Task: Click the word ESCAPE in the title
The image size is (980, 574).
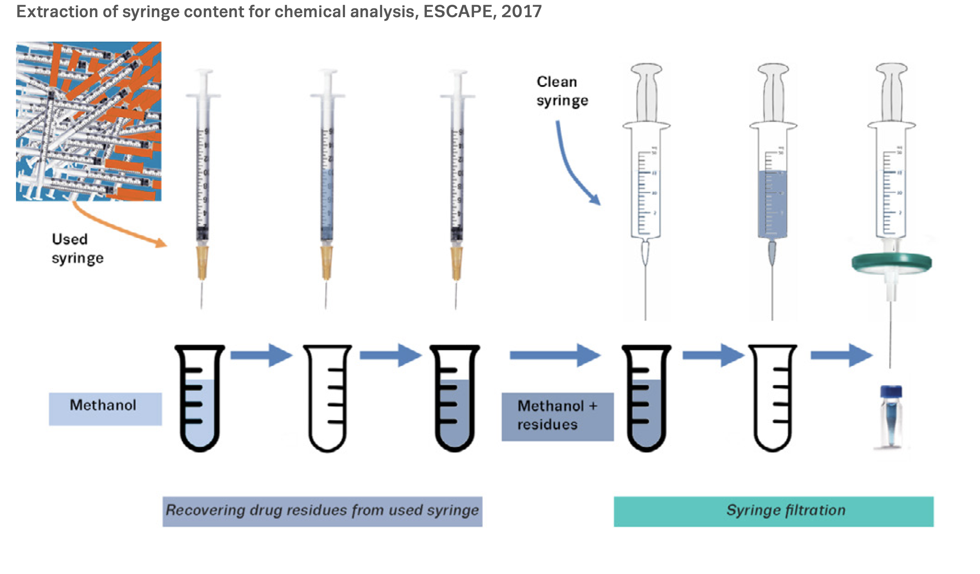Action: pyautogui.click(x=457, y=12)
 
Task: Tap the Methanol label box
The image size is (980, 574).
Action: pyautogui.click(x=105, y=408)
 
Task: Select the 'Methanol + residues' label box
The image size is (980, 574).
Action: pyautogui.click(x=557, y=416)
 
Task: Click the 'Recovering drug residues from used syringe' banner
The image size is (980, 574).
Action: pyautogui.click(x=322, y=511)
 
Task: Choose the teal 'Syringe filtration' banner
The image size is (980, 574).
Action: pyautogui.click(x=773, y=511)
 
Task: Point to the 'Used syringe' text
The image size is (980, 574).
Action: pyautogui.click(x=77, y=248)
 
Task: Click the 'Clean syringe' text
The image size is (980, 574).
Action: pyautogui.click(x=562, y=91)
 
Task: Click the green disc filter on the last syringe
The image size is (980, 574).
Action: pyautogui.click(x=891, y=263)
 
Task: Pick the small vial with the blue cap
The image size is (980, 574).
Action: pyautogui.click(x=891, y=416)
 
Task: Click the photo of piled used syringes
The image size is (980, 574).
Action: pyautogui.click(x=88, y=121)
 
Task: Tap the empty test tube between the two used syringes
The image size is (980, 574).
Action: pyautogui.click(x=327, y=398)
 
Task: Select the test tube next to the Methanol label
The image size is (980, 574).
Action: pyautogui.click(x=199, y=398)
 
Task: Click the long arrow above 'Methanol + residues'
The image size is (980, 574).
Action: pyautogui.click(x=555, y=355)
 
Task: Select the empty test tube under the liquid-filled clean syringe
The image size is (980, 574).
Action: pyautogui.click(x=772, y=398)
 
